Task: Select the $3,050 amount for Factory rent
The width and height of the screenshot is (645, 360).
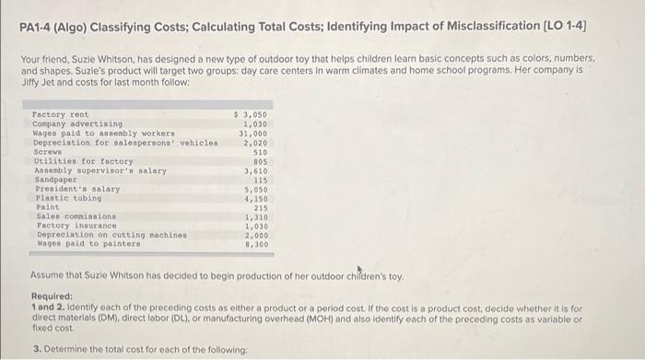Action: [252, 113]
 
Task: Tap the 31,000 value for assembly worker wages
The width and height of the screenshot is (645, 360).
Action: [253, 133]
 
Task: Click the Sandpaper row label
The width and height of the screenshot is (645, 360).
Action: [52, 180]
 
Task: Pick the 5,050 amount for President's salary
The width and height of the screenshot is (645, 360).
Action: [255, 189]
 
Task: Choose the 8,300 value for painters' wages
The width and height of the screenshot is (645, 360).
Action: [255, 245]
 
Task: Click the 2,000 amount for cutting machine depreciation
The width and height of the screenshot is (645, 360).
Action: [255, 236]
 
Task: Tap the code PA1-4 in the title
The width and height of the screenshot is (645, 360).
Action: [39, 19]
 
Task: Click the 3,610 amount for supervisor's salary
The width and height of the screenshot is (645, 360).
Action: [255, 170]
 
